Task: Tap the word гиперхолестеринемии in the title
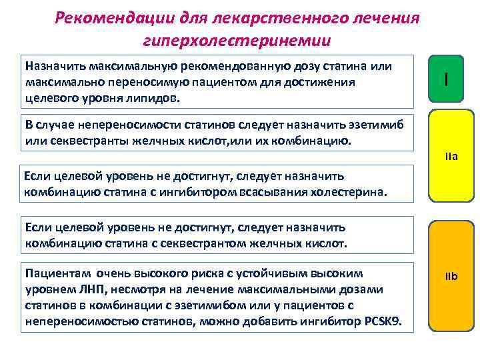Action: tap(236, 40)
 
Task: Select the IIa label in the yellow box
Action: tap(451, 158)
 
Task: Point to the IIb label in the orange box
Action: tap(451, 275)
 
